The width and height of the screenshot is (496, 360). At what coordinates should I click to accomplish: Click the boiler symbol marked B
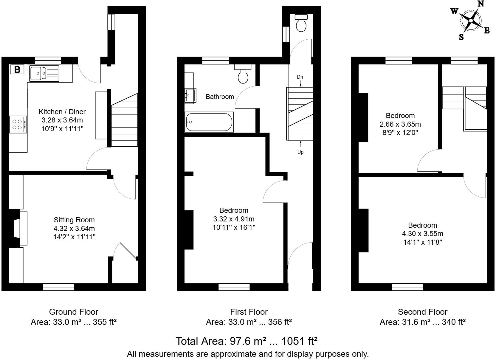pyautogui.click(x=17, y=70)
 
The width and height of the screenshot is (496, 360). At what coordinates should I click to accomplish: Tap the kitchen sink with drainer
pyautogui.click(x=44, y=73)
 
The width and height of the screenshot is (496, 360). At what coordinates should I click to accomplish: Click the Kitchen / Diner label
pyautogui.click(x=62, y=112)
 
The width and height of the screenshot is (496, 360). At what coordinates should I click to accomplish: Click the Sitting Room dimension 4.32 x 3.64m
pyautogui.click(x=74, y=229)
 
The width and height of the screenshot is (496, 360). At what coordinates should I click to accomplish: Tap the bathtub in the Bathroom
pyautogui.click(x=209, y=122)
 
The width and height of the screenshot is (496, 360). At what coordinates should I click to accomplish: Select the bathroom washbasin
pyautogui.click(x=190, y=95)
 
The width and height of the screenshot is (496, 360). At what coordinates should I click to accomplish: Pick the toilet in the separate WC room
pyautogui.click(x=301, y=23)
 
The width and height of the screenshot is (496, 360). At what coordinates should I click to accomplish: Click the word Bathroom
pyautogui.click(x=220, y=97)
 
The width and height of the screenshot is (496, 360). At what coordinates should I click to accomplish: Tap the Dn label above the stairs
pyautogui.click(x=300, y=77)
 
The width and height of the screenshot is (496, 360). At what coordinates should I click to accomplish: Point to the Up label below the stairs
pyautogui.click(x=300, y=152)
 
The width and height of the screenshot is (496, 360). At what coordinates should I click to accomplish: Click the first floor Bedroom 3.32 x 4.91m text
pyautogui.click(x=234, y=219)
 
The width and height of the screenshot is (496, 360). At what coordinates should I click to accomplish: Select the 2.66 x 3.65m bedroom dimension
pyautogui.click(x=400, y=124)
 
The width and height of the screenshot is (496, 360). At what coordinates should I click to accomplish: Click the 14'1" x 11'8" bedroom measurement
pyautogui.click(x=422, y=242)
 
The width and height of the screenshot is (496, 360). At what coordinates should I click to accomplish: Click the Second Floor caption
pyautogui.click(x=422, y=312)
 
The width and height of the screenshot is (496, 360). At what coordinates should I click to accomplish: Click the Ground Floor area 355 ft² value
pyautogui.click(x=104, y=322)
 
